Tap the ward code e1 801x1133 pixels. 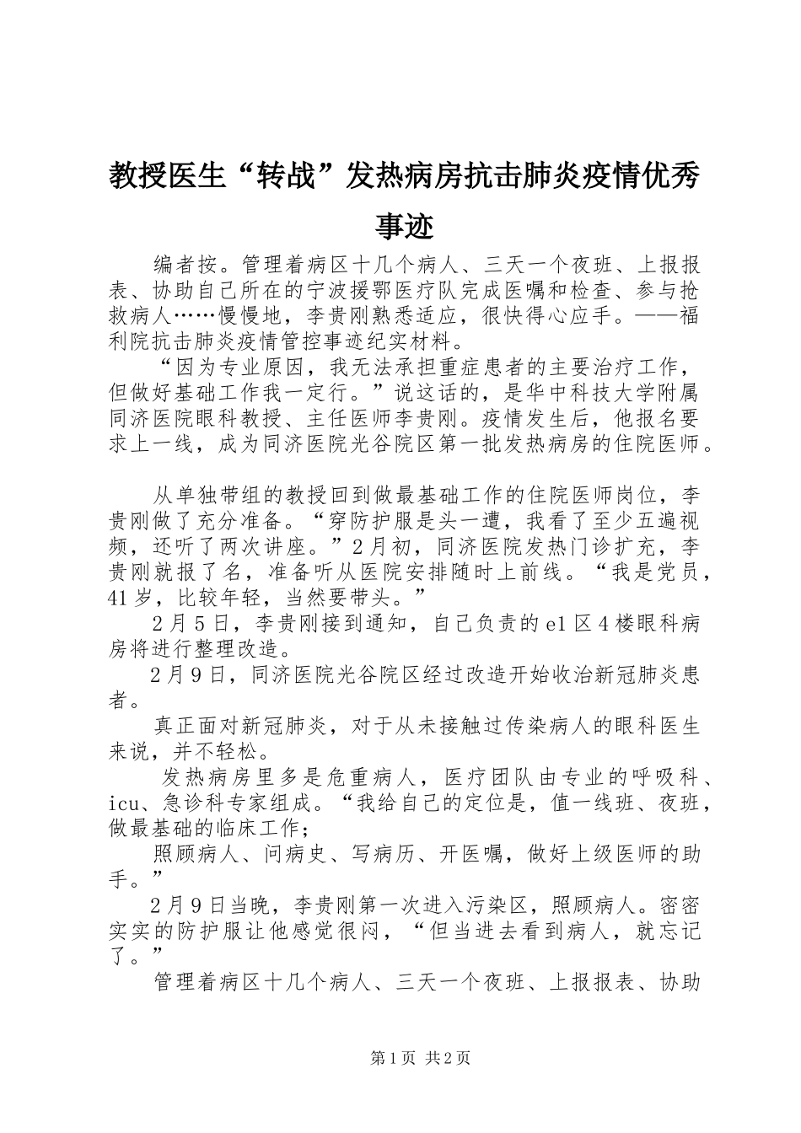pyautogui.click(x=555, y=625)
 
